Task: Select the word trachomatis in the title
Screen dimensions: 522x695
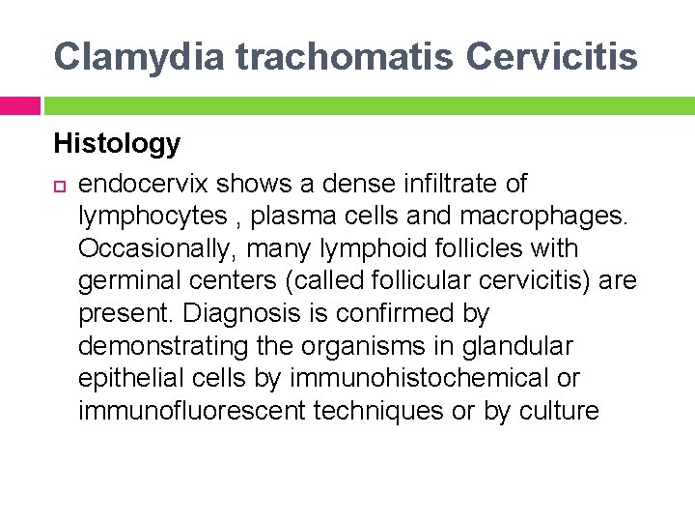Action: click(344, 57)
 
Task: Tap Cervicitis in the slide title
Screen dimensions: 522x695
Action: click(552, 57)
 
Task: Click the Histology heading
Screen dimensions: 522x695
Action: click(117, 144)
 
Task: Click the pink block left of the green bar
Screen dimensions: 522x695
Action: click(19, 104)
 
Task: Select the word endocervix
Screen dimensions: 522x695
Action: click(144, 184)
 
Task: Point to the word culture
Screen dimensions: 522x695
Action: click(559, 412)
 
